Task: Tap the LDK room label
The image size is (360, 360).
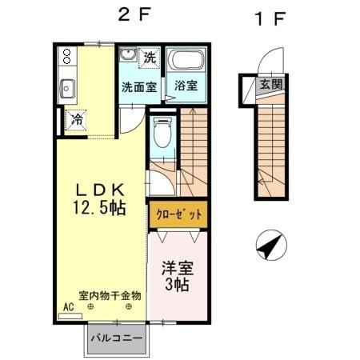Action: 100,190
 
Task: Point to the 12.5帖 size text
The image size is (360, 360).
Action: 100,207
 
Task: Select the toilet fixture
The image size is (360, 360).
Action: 162,131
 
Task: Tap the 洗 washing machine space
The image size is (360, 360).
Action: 150,57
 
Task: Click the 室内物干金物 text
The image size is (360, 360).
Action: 110,295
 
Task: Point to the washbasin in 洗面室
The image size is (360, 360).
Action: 127,57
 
